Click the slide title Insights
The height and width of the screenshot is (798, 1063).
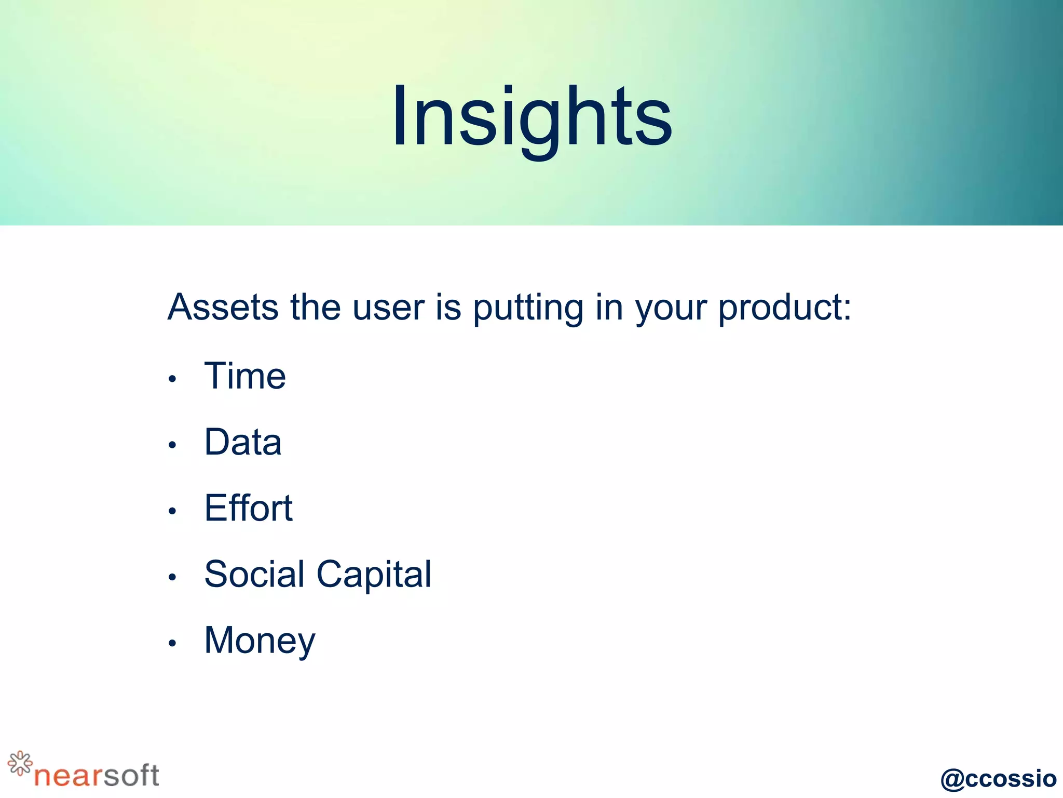tap(531, 117)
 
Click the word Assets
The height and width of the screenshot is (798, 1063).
tap(223, 307)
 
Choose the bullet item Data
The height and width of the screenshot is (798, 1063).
tap(243, 442)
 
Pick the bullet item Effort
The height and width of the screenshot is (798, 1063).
tap(248, 508)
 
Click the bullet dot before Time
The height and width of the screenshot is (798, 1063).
tap(172, 379)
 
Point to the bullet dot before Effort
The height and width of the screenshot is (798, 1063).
tap(172, 511)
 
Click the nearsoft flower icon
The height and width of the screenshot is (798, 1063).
tap(20, 763)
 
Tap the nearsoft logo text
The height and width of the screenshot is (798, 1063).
tap(97, 776)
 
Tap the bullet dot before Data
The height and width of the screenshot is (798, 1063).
tap(172, 445)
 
